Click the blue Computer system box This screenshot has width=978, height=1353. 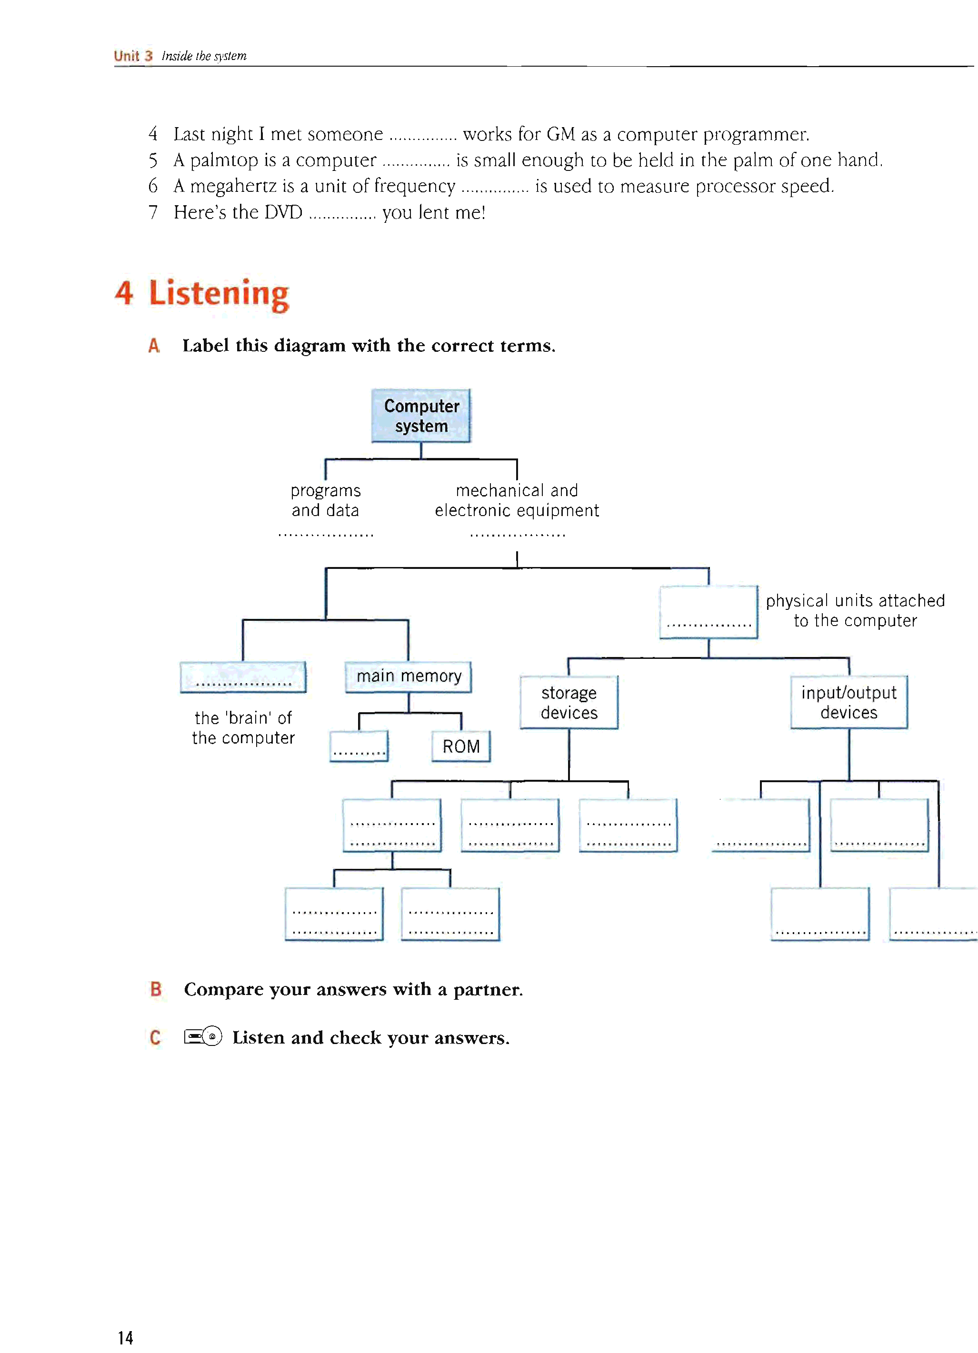tap(421, 416)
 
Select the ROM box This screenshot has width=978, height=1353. tap(460, 746)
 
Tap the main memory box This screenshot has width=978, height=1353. tap(408, 676)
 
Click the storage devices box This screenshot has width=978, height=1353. tap(569, 703)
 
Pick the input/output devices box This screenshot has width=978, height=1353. tap(848, 702)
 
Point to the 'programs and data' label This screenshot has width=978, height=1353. tap(325, 500)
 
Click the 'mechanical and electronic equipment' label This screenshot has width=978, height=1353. tap(517, 500)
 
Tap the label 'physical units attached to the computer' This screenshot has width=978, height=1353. tap(855, 610)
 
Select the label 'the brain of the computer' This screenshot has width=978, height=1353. tap(243, 728)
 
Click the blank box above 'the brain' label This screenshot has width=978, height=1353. tap(243, 677)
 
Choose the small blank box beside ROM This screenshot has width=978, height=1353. tap(359, 746)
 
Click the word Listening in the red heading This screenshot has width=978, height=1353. tap(219, 294)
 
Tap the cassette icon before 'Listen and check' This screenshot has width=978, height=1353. tap(203, 1037)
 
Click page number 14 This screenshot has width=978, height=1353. tap(125, 1337)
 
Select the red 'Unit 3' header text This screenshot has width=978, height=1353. tap(133, 56)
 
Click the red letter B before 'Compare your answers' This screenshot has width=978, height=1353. tap(156, 989)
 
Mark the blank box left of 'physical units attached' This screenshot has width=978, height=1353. tap(709, 612)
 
